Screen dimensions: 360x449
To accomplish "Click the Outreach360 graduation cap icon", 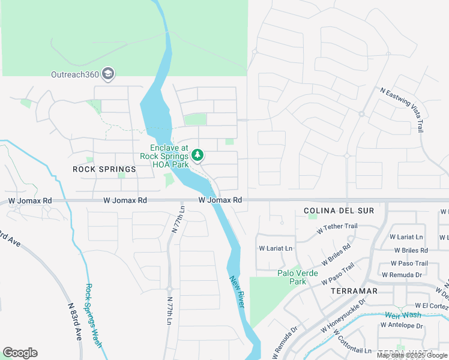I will point(109,74).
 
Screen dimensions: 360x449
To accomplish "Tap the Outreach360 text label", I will point(76,74).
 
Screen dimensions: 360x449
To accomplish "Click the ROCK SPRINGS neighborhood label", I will point(104,169).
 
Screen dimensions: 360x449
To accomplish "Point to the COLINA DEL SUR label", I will point(339,211).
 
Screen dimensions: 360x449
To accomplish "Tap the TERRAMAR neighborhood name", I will point(354,290).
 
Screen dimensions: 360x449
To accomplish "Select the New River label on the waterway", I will point(238,292).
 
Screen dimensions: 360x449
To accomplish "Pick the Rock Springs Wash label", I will point(93,316).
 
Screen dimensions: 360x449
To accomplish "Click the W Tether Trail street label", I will point(340,227).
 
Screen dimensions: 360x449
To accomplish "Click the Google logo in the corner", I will point(20,353).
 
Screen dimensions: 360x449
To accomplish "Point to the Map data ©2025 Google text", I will point(412,355).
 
